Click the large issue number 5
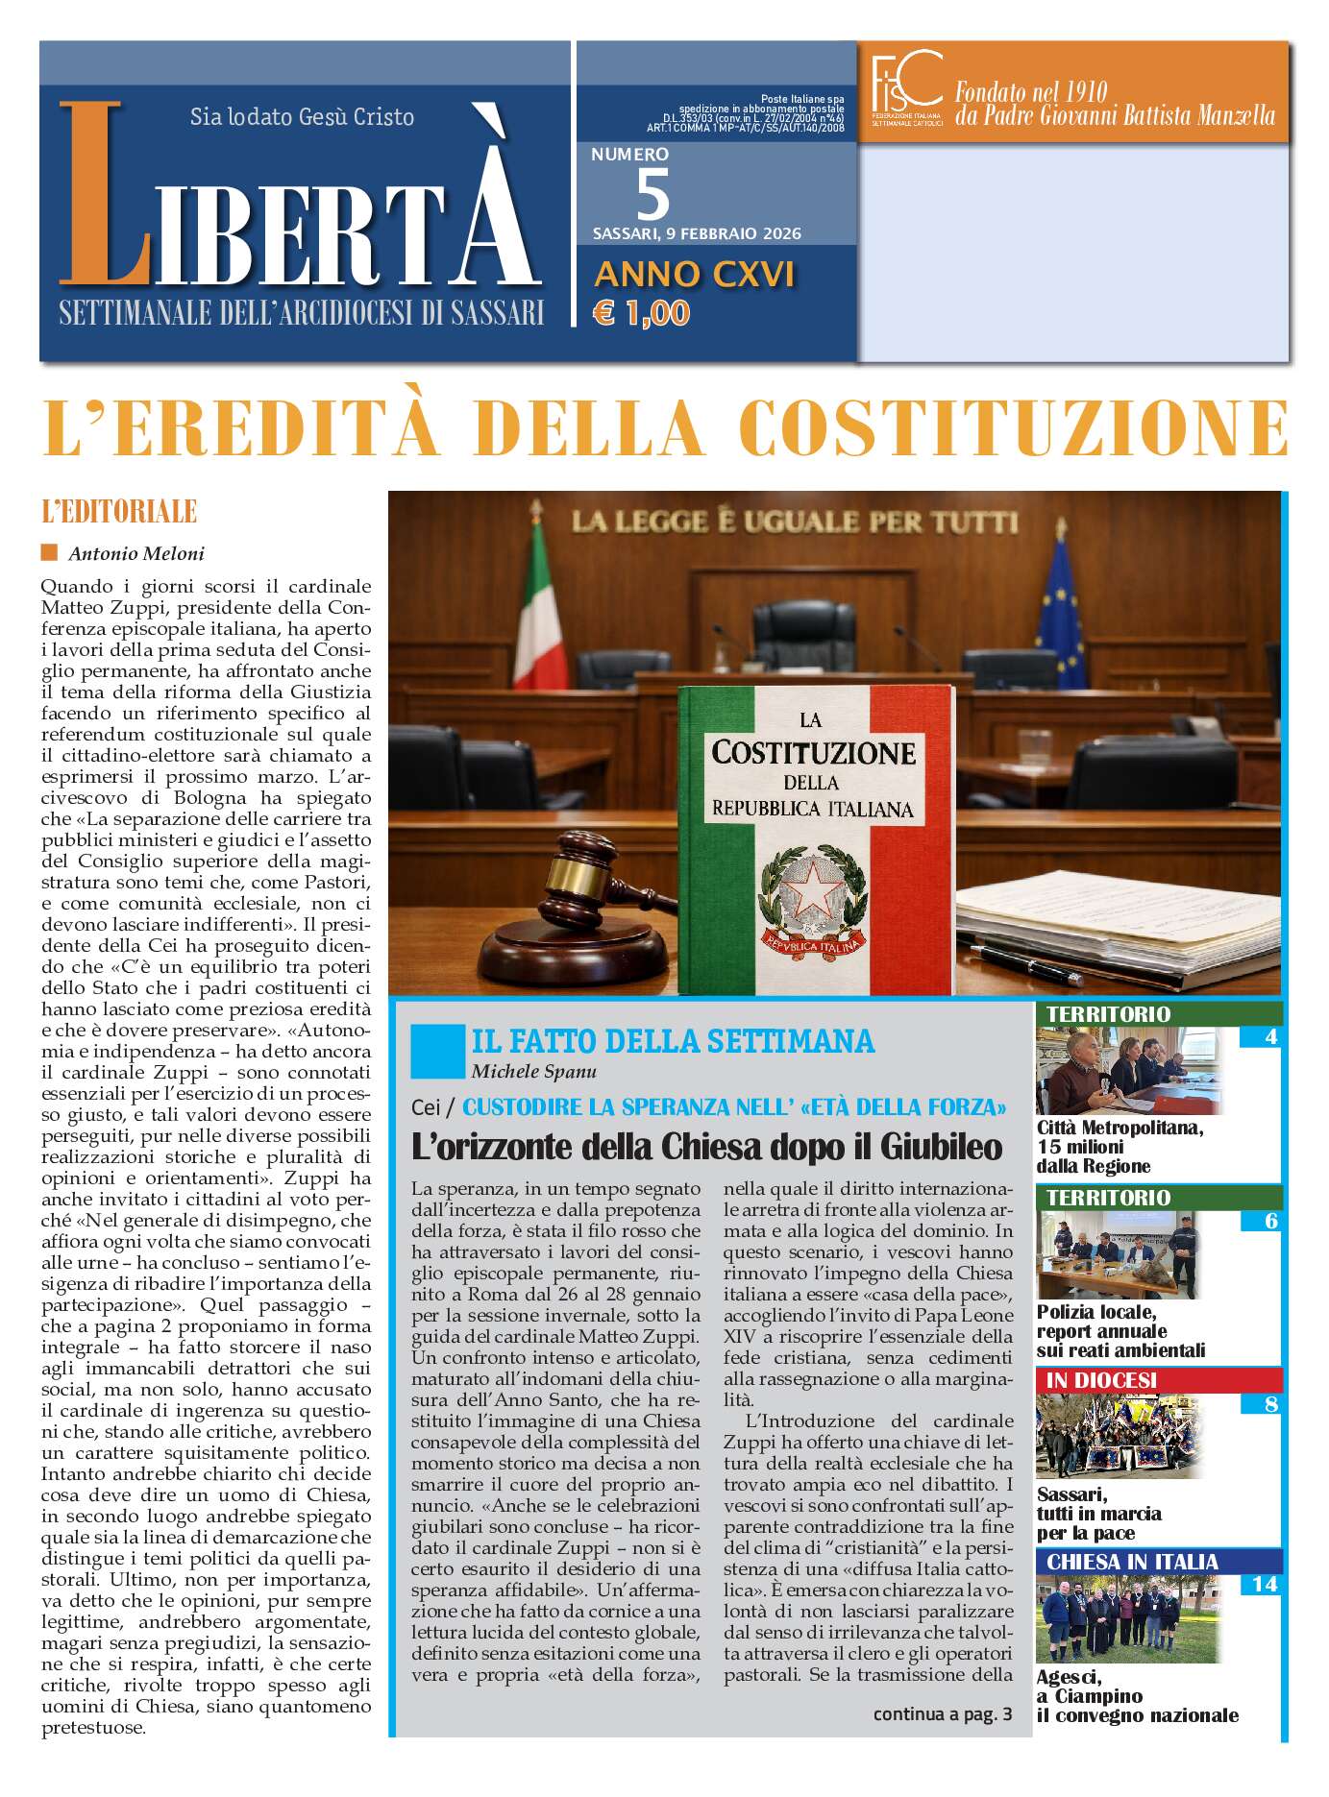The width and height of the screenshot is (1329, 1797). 652,195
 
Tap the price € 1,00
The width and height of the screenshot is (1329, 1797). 641,313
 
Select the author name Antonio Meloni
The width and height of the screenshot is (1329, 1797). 136,553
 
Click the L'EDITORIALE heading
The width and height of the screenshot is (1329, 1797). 119,512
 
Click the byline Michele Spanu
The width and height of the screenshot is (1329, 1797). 533,1071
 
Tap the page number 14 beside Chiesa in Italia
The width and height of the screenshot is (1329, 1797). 1264,1584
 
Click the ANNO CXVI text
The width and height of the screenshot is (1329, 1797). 694,275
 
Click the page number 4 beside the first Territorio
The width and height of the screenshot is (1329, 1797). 1270,1036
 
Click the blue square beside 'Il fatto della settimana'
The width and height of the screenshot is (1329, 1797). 436,1051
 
